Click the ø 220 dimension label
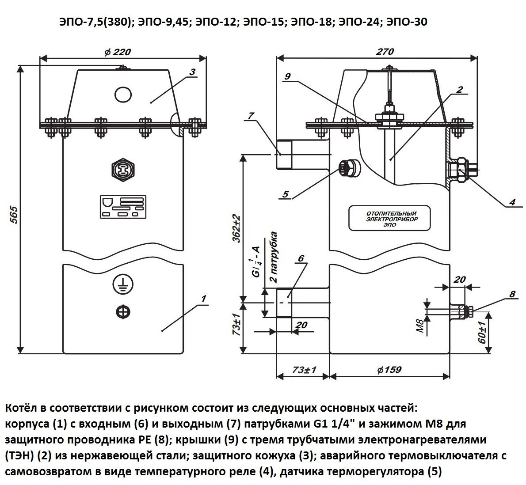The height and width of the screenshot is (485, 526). (118, 52)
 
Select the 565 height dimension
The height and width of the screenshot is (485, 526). (15, 215)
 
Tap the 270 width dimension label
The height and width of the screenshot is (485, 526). (385, 52)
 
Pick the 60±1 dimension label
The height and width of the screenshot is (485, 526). (482, 333)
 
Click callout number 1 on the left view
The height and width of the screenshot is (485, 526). (203, 299)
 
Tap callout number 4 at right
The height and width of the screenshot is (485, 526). (512, 202)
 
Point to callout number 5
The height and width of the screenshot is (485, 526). (285, 194)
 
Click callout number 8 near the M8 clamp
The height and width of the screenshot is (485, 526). (512, 294)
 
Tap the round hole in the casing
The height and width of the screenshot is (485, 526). (123, 94)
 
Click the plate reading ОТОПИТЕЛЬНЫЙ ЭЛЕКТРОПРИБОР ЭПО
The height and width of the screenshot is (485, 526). (389, 218)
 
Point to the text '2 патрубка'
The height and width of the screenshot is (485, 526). (274, 257)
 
